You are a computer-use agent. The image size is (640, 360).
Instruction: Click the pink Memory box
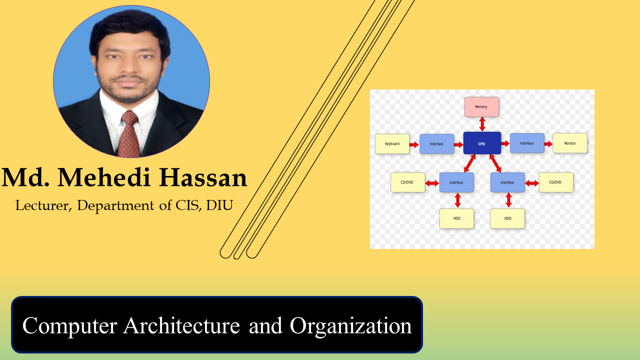click(481, 106)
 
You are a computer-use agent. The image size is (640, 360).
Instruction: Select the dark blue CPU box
click(482, 143)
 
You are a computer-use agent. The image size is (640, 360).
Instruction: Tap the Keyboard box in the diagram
click(392, 143)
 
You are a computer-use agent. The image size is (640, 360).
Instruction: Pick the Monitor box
click(570, 143)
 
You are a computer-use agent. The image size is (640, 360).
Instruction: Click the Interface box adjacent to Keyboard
click(436, 143)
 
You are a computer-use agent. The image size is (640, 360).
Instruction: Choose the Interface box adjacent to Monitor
click(527, 143)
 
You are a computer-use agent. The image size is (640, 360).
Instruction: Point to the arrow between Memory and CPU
click(482, 124)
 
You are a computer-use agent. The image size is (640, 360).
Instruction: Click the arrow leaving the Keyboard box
click(414, 144)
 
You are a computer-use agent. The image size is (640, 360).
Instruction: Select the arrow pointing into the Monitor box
click(548, 144)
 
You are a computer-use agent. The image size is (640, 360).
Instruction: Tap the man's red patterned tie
click(129, 134)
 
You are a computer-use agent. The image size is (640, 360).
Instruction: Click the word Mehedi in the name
click(104, 177)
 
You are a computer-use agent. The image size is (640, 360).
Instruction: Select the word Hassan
click(203, 177)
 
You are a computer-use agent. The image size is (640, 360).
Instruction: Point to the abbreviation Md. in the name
click(25, 177)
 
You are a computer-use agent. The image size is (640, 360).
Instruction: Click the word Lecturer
click(43, 205)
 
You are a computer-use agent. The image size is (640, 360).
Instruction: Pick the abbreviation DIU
click(219, 205)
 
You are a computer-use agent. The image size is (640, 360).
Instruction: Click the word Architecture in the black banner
click(181, 325)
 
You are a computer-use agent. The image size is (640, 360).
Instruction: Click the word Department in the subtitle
click(115, 206)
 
